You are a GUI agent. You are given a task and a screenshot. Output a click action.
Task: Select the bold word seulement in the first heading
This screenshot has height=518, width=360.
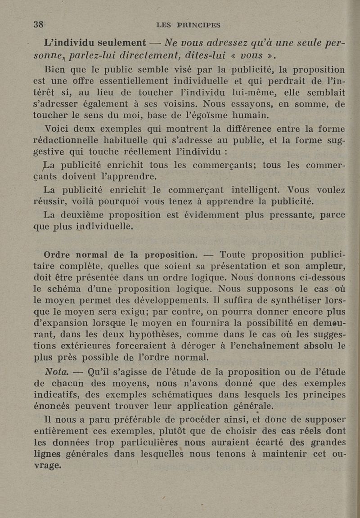[x=118, y=43]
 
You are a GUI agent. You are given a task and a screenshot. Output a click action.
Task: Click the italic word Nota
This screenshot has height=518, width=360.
[x=57, y=372]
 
